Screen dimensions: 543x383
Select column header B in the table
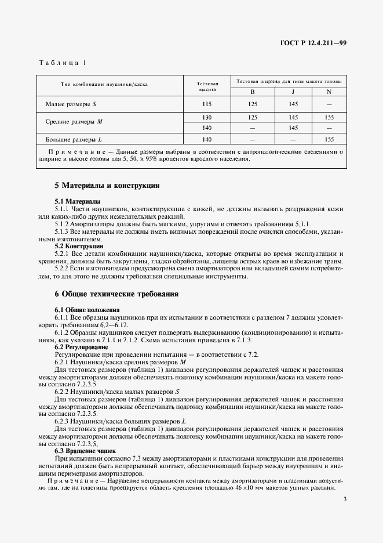pyautogui.click(x=253, y=92)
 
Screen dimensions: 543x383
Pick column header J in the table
pyautogui.click(x=293, y=92)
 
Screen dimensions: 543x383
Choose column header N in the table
pyautogui.click(x=329, y=92)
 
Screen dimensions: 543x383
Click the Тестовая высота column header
pyautogui.click(x=207, y=86)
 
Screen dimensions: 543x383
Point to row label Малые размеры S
pyautogui.click(x=71, y=104)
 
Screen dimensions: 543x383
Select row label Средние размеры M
pyautogui.click(x=74, y=122)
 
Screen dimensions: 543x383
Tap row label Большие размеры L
pyautogui.click(x=74, y=139)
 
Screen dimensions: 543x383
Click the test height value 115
pyautogui.click(x=207, y=104)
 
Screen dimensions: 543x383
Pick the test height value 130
pyautogui.click(x=207, y=117)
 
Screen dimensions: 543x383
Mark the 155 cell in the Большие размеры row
pyautogui.click(x=329, y=139)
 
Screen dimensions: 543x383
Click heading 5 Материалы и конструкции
pyautogui.click(x=107, y=186)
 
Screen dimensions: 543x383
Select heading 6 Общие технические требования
pyautogui.click(x=116, y=294)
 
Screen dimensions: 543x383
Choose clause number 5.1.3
pyautogui.click(x=61, y=231)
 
